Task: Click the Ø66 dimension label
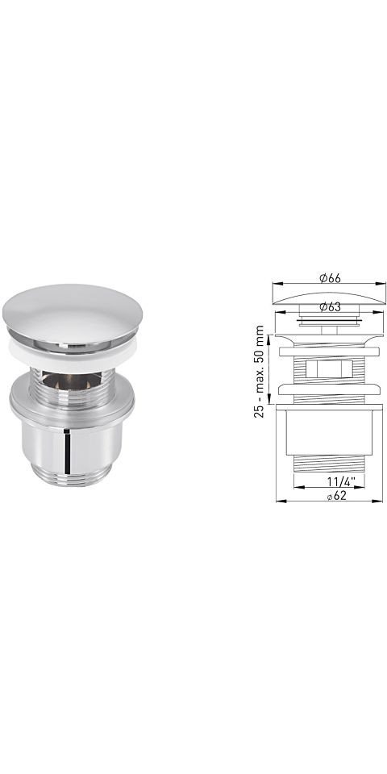click(330, 278)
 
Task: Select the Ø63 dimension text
click(330, 306)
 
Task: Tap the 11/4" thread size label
click(338, 481)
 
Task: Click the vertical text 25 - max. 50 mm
click(259, 371)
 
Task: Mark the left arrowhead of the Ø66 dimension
click(277, 284)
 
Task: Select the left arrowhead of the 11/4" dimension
click(298, 487)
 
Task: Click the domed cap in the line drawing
click(329, 298)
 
